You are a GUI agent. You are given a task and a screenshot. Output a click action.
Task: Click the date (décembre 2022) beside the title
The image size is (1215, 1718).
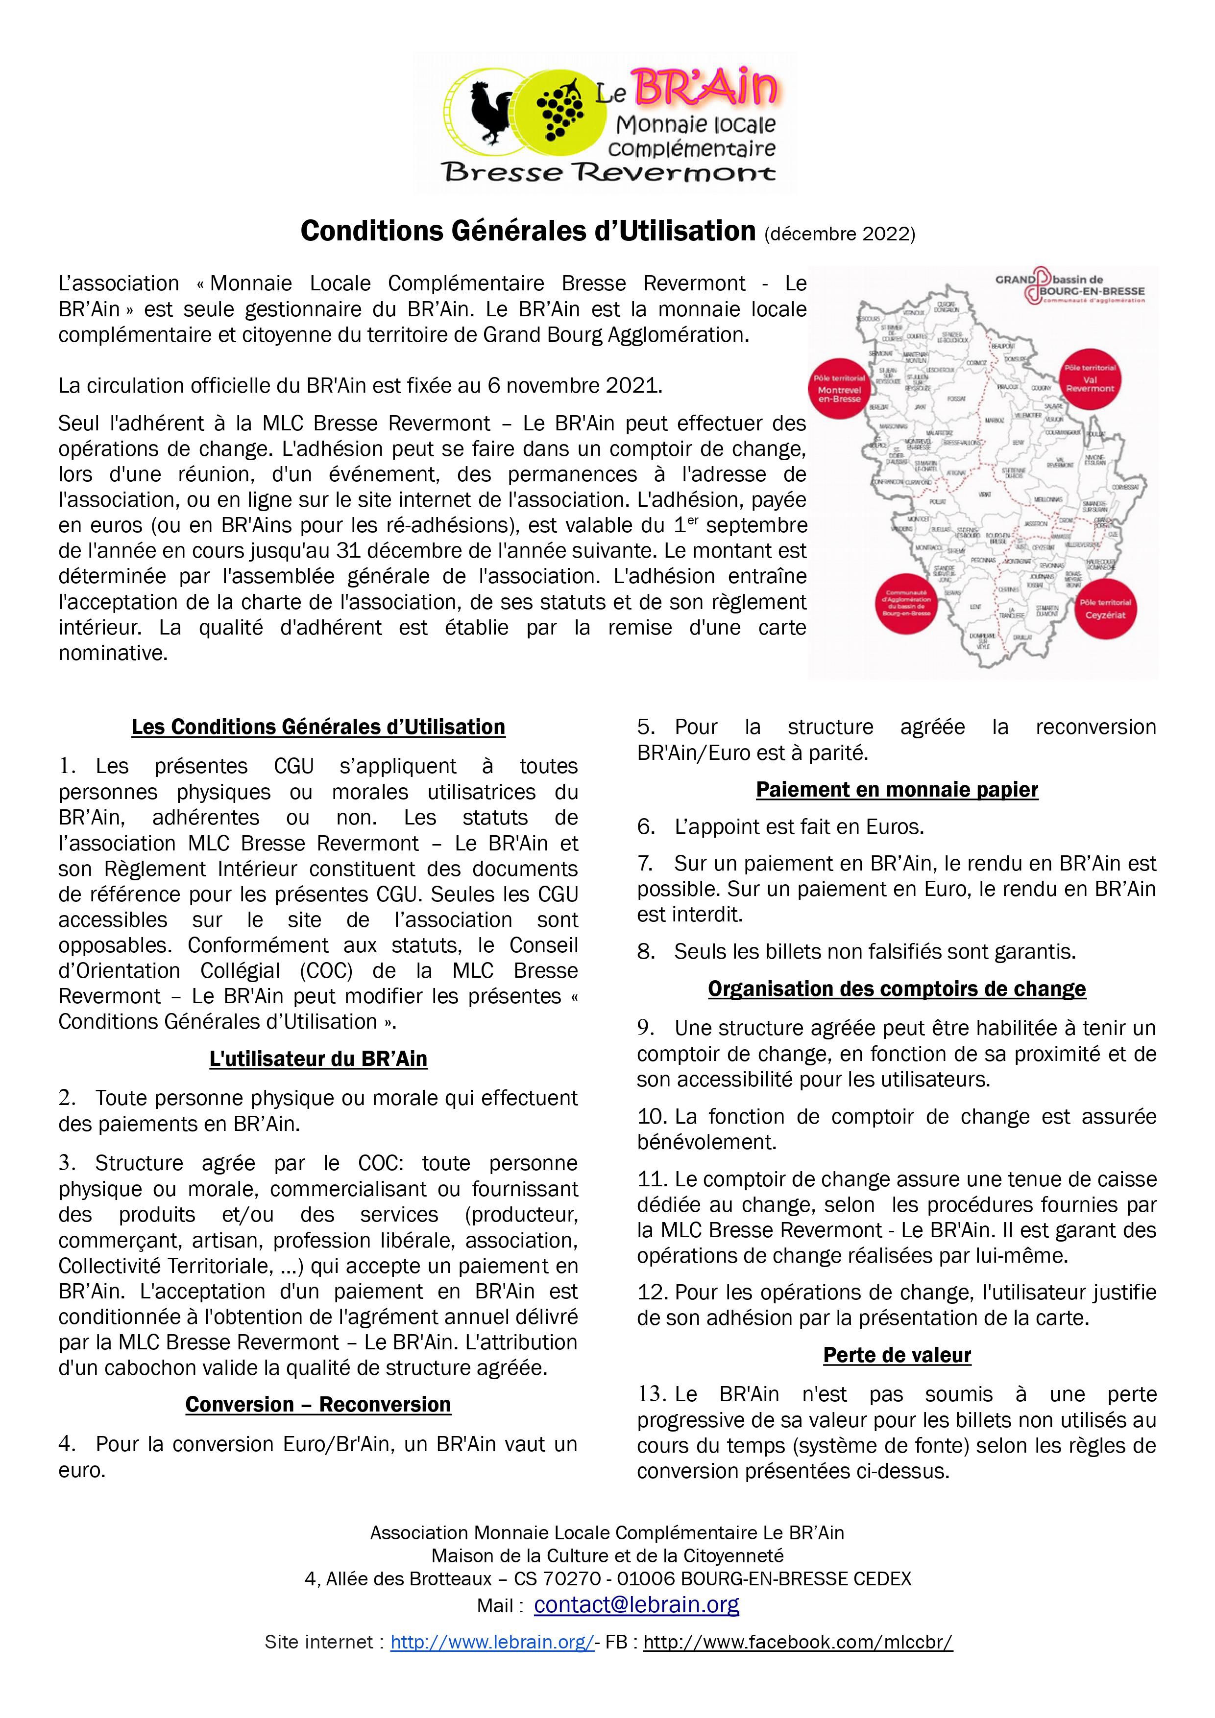tap(839, 234)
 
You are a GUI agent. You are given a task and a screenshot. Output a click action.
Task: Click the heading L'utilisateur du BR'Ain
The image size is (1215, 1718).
tap(318, 1059)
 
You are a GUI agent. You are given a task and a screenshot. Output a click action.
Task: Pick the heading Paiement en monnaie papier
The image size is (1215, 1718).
tap(897, 789)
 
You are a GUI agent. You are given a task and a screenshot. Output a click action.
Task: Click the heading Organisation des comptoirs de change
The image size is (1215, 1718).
tap(897, 988)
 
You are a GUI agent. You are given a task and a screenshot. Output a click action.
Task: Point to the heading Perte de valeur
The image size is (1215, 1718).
tap(897, 1355)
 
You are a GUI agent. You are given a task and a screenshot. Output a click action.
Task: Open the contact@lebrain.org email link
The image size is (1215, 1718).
tap(636, 1604)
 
